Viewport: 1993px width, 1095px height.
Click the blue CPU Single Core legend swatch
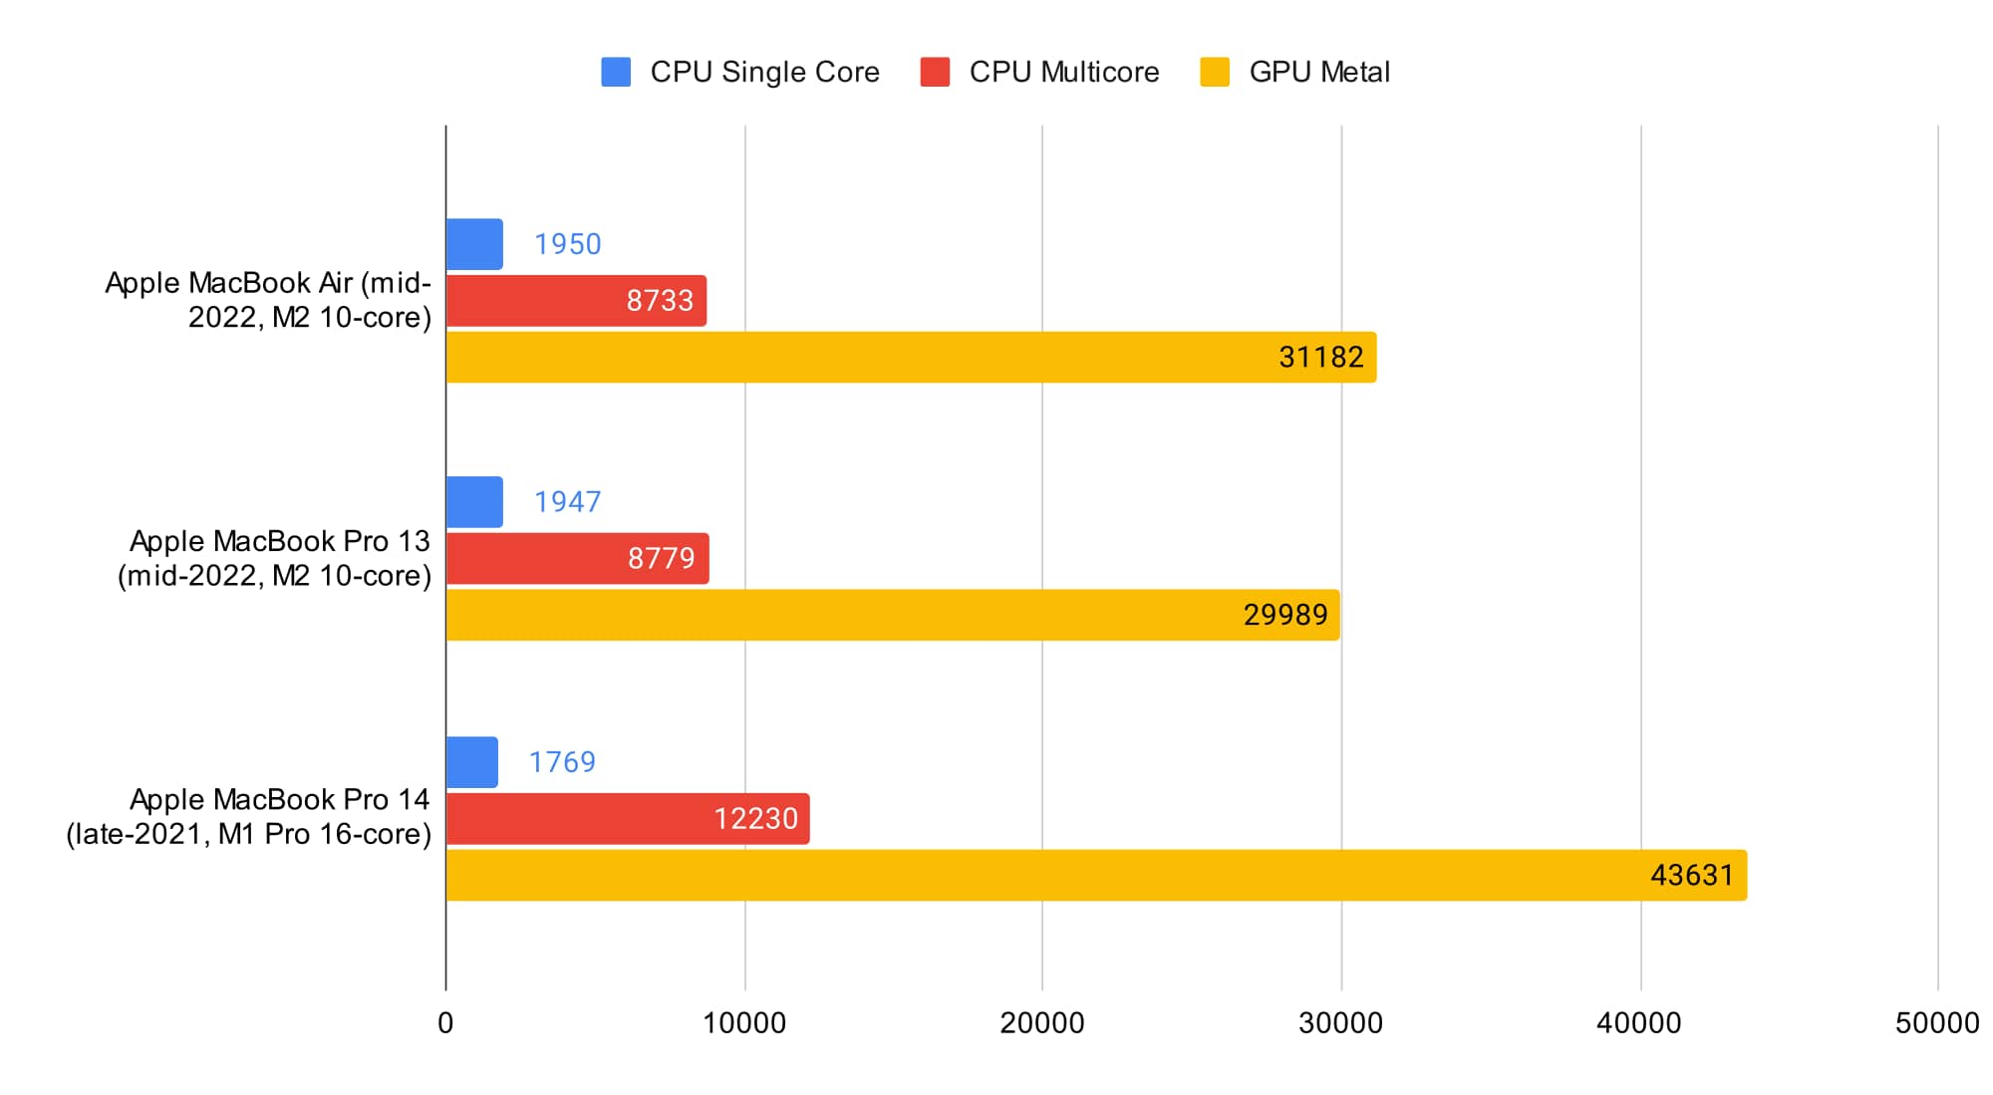[616, 72]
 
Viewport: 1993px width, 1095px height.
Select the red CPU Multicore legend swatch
[935, 72]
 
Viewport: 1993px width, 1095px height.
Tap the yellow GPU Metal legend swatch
[1215, 72]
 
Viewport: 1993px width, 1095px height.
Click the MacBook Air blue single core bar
[474, 244]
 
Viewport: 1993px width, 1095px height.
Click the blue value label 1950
[568, 244]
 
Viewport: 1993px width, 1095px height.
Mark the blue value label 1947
[568, 501]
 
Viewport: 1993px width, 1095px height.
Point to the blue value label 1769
[562, 762]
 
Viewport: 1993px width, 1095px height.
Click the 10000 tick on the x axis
[744, 1022]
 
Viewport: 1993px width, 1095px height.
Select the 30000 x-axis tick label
[1340, 1022]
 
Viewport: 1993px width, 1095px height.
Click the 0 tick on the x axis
[445, 1022]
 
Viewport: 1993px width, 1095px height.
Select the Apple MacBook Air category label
[269, 300]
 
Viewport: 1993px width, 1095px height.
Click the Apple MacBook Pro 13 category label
[275, 558]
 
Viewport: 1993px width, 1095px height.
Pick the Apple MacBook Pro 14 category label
[249, 816]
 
